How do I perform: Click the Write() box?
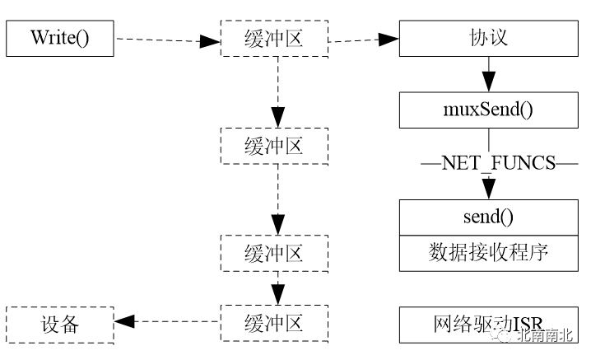coord(59,39)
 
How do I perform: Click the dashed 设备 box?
coord(59,325)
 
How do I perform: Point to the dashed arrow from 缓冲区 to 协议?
coord(362,39)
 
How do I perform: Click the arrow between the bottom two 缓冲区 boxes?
coord(279,288)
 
